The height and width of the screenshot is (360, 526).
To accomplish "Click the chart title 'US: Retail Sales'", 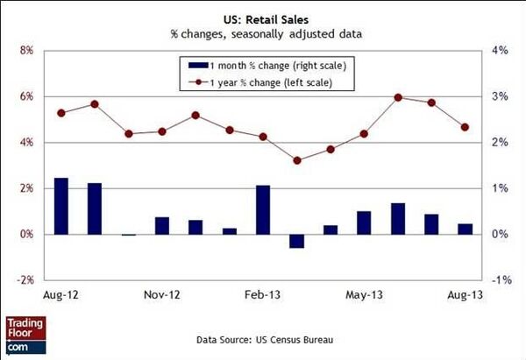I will [x=263, y=17].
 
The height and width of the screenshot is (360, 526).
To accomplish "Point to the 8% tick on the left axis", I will [x=25, y=51].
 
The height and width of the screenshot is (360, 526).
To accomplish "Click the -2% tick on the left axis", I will [x=24, y=280].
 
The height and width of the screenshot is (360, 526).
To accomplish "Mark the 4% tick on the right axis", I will [x=499, y=51].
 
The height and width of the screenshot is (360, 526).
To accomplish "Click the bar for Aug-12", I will [x=61, y=206].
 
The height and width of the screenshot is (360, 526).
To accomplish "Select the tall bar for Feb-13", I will [x=263, y=209].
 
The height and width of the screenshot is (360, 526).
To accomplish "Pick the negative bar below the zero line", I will [x=296, y=241].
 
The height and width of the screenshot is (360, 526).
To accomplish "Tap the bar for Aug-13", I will [x=465, y=229].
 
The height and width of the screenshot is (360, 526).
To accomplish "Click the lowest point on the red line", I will [x=296, y=160].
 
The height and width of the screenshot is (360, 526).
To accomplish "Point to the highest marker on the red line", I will [x=398, y=97].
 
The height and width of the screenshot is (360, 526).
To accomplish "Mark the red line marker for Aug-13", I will [x=465, y=127].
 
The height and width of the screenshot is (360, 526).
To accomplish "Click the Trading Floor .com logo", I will [x=24, y=337].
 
